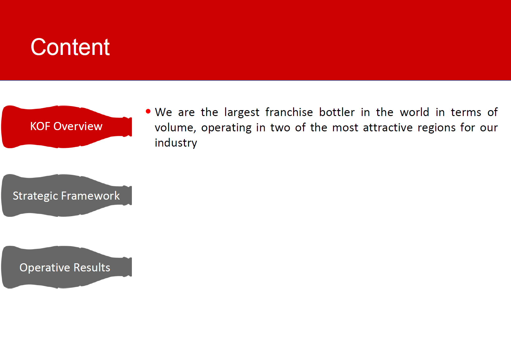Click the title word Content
70,47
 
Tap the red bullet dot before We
148,111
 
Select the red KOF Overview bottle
67,127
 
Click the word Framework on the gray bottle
90,196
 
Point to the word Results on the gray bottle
92,267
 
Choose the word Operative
45,268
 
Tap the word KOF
40,126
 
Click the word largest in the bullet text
242,113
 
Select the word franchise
289,112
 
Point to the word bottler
337,112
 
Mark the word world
414,112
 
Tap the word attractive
388,127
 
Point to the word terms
466,113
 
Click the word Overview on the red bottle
78,126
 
